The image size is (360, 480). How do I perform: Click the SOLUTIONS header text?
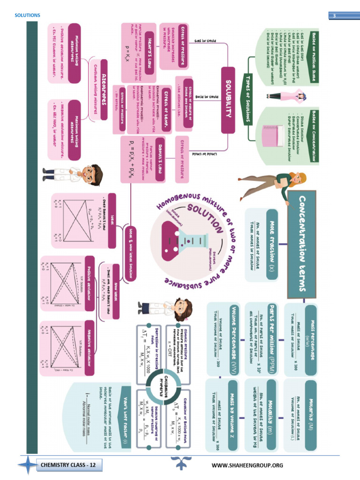click(x=27, y=15)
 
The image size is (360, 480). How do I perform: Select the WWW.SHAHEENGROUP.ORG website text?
click(x=247, y=465)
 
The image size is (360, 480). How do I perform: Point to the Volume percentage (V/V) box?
click(x=233, y=339)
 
